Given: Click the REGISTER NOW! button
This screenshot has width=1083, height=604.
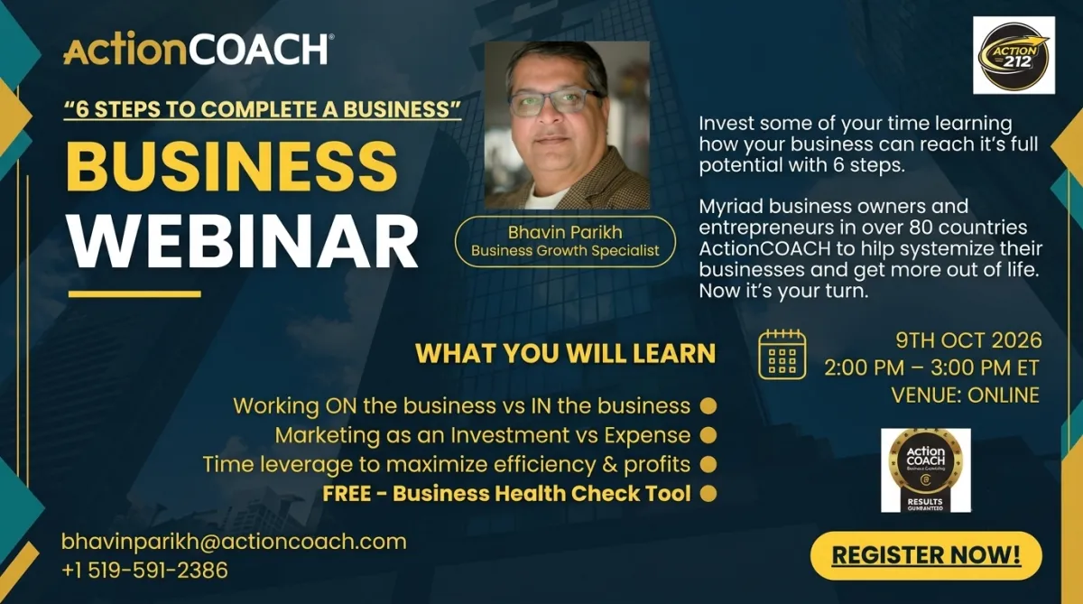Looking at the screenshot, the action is pyautogui.click(x=926, y=555).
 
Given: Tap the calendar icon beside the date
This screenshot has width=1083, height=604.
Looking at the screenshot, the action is pyautogui.click(x=782, y=355).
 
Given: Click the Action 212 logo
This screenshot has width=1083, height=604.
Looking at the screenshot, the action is pyautogui.click(x=1014, y=55).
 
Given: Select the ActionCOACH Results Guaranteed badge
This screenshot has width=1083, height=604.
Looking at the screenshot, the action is pyautogui.click(x=925, y=470).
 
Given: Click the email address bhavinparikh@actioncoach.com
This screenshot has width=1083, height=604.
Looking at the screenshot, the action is pyautogui.click(x=234, y=542).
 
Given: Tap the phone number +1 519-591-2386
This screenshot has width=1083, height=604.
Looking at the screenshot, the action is pyautogui.click(x=144, y=571).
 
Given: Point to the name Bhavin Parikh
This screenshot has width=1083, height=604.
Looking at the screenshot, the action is pyautogui.click(x=565, y=233).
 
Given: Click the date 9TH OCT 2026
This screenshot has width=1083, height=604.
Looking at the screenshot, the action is pyautogui.click(x=968, y=340).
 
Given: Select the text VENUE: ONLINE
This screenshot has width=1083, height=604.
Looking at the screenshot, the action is pyautogui.click(x=965, y=395).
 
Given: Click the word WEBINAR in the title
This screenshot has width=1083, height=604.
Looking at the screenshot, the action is pyautogui.click(x=242, y=242).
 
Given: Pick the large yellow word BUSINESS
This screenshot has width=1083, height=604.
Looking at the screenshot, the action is pyautogui.click(x=232, y=166).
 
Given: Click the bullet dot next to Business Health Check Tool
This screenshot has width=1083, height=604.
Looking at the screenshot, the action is pyautogui.click(x=708, y=494).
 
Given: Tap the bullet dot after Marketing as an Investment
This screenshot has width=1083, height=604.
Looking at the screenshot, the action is pyautogui.click(x=708, y=435).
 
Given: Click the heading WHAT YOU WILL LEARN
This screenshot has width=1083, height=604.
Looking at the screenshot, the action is pyautogui.click(x=565, y=353).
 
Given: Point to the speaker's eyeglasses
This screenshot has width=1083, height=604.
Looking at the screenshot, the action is pyautogui.click(x=556, y=103).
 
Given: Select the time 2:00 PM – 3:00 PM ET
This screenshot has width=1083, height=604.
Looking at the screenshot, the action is pyautogui.click(x=931, y=368).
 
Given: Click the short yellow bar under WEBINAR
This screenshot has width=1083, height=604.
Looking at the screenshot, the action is pyautogui.click(x=134, y=294).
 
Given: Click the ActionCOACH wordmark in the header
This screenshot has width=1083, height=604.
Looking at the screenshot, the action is pyautogui.click(x=199, y=49).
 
